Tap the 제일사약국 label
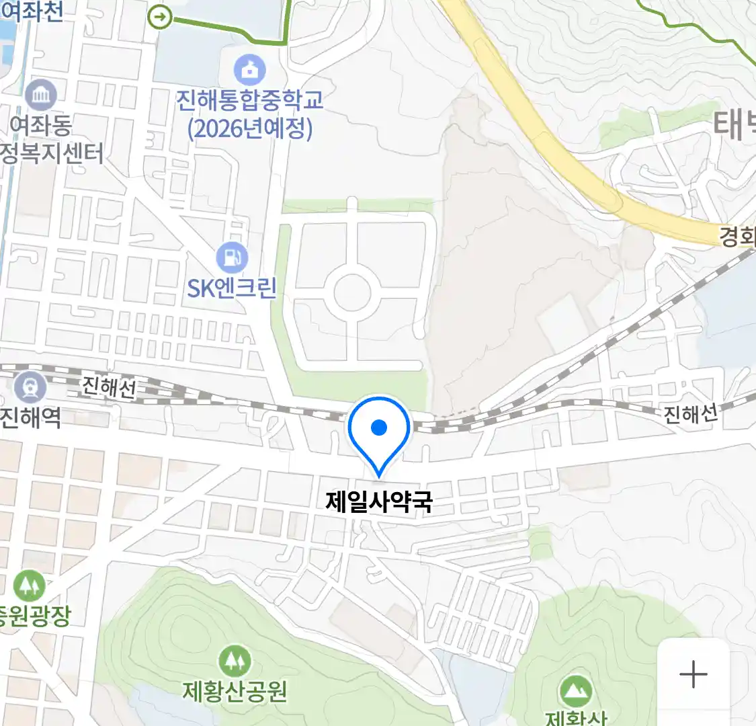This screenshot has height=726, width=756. click(x=379, y=501)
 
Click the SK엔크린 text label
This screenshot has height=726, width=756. click(x=232, y=288)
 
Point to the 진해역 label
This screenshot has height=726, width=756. click(x=30, y=418)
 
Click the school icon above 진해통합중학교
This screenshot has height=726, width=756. click(x=249, y=70)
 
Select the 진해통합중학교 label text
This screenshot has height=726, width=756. click(x=249, y=100)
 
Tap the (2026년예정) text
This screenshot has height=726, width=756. click(x=249, y=128)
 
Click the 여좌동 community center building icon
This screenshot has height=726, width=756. click(x=41, y=95)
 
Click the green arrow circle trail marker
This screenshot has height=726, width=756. click(x=160, y=17)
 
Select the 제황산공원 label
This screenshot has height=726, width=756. click(x=235, y=690)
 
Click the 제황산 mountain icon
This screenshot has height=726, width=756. click(x=575, y=690)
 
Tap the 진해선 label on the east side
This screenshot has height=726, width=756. click(x=691, y=413)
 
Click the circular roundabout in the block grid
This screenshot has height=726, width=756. click(x=352, y=292)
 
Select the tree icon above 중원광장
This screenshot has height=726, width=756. click(x=29, y=586)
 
